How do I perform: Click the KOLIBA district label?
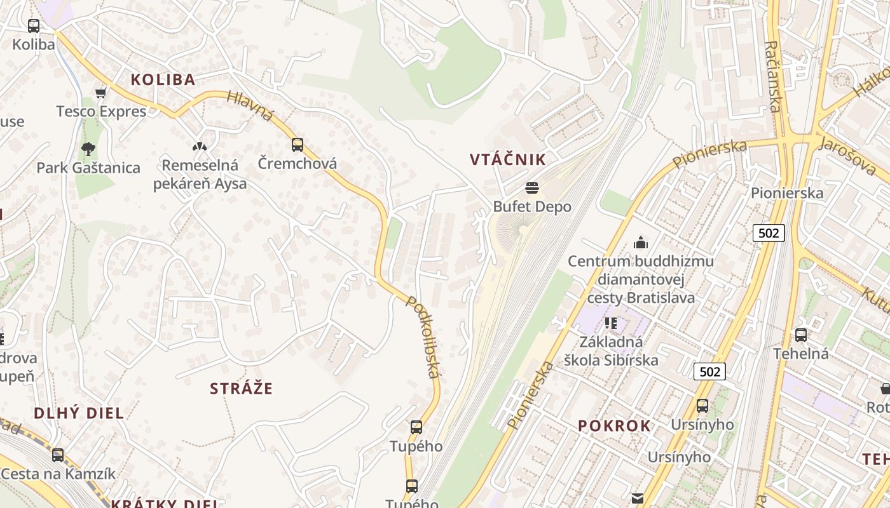tap(163, 79)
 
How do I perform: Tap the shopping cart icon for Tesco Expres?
tap(100, 93)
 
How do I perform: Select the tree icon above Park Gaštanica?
tap(88, 149)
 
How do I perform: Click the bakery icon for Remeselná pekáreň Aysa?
tap(200, 147)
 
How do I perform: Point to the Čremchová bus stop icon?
tap(298, 144)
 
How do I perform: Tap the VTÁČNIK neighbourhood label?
tap(508, 159)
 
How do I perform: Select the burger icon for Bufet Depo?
tap(532, 188)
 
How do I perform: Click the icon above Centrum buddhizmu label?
tap(640, 243)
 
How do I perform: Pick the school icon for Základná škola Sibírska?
tap(611, 323)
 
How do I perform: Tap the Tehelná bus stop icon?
tap(801, 335)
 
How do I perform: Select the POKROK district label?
tap(614, 426)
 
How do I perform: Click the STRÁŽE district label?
tap(241, 389)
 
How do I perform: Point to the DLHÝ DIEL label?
tap(79, 413)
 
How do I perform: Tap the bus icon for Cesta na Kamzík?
tap(58, 455)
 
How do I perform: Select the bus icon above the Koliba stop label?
tap(34, 26)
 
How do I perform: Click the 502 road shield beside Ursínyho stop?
tap(709, 371)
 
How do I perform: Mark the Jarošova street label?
tap(847, 156)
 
